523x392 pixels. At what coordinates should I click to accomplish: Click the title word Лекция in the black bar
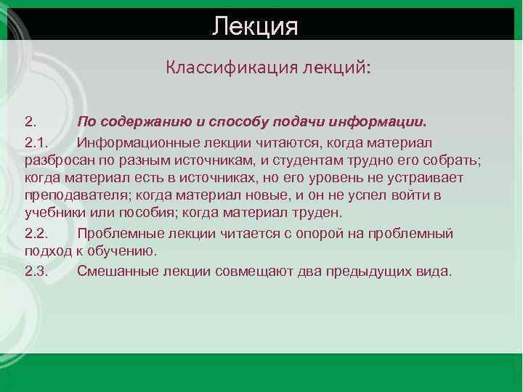[255, 26]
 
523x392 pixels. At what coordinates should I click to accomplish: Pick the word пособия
[150, 213]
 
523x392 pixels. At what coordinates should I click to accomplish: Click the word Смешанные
[113, 271]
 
